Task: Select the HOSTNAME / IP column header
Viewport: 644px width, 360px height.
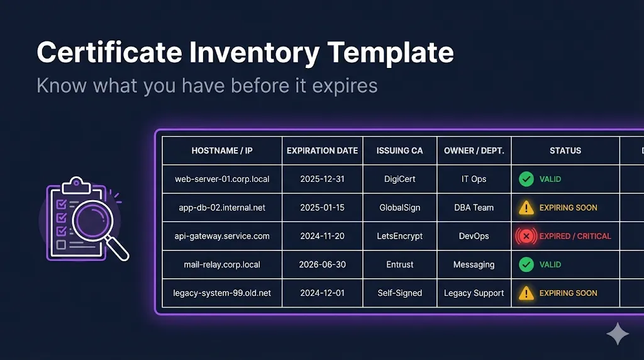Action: pyautogui.click(x=222, y=150)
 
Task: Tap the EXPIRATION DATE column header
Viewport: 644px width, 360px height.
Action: pyautogui.click(x=322, y=150)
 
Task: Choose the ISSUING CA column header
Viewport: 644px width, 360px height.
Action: pyautogui.click(x=399, y=150)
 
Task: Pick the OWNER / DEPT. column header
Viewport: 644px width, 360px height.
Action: pyautogui.click(x=474, y=150)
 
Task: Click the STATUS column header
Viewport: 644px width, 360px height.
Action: pyautogui.click(x=565, y=150)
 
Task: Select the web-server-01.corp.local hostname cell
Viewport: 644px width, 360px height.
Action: pyautogui.click(x=222, y=179)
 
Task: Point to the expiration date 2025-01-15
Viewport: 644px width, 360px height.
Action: pyautogui.click(x=322, y=208)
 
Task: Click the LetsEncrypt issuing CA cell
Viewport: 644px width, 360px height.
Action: pyautogui.click(x=399, y=236)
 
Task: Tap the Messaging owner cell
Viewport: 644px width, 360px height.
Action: pyautogui.click(x=474, y=264)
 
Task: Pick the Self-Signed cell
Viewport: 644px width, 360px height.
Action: pyautogui.click(x=399, y=293)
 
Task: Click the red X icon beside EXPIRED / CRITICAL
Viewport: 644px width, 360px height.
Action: pyautogui.click(x=526, y=236)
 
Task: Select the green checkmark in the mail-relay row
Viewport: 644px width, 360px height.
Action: pyautogui.click(x=526, y=264)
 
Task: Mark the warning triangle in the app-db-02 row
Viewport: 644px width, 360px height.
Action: pyautogui.click(x=526, y=208)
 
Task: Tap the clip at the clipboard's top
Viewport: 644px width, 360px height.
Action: pyautogui.click(x=76, y=183)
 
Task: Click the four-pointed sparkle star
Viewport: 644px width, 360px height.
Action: pyautogui.click(x=618, y=334)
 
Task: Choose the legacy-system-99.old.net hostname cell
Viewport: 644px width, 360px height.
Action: pyautogui.click(x=222, y=293)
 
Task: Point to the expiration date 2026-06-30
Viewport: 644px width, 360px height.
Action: pyautogui.click(x=322, y=264)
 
